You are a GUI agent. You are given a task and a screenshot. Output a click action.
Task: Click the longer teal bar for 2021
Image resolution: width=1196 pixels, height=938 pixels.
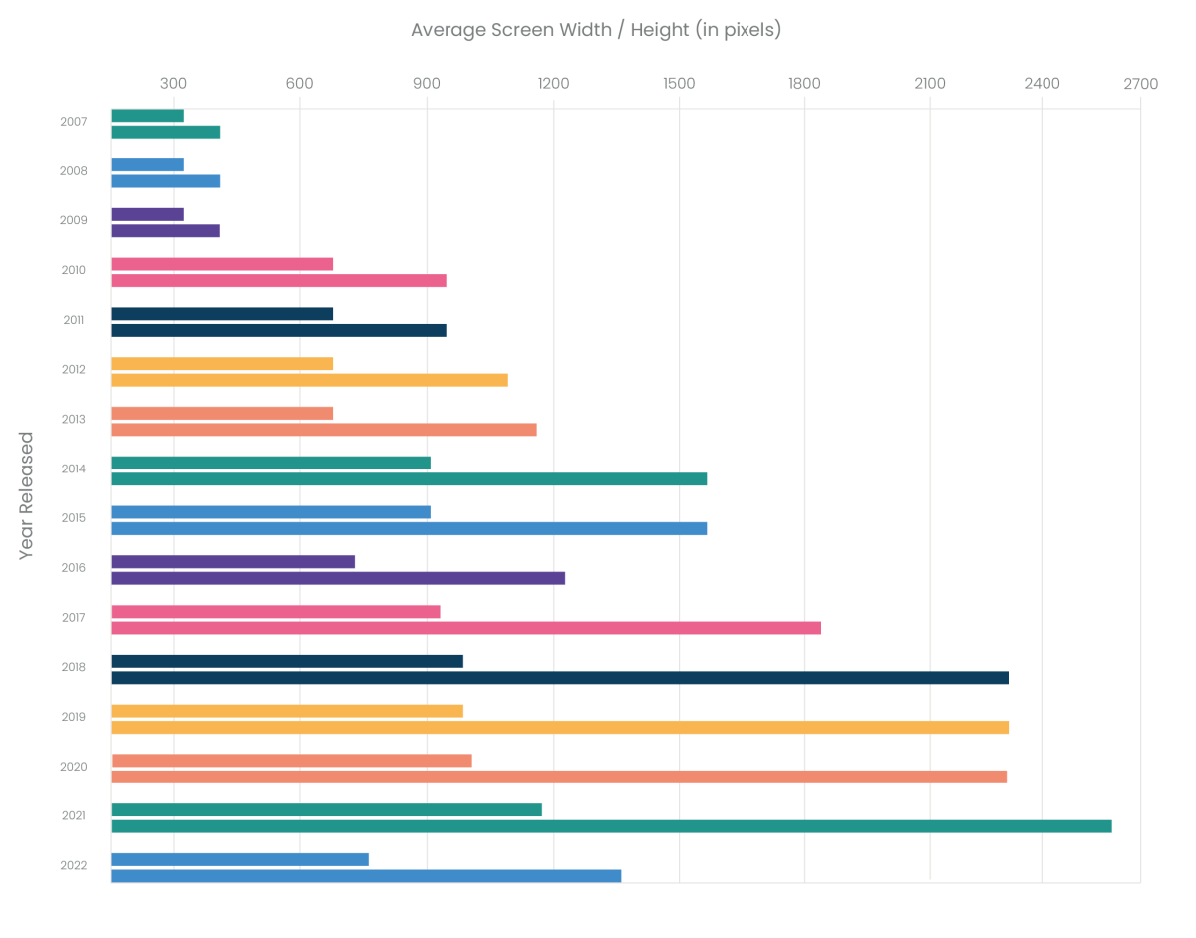(x=611, y=826)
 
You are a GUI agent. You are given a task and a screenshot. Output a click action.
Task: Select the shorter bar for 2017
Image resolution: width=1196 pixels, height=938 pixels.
(x=275, y=612)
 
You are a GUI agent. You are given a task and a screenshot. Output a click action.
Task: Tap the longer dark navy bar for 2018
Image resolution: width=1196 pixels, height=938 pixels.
(x=559, y=678)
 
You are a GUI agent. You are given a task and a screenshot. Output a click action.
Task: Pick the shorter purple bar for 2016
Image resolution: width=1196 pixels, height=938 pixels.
(x=232, y=562)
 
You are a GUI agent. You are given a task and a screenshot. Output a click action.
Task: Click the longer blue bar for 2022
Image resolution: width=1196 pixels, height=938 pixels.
(x=366, y=876)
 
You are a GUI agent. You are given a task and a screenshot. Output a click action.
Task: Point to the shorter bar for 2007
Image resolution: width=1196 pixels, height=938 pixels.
(x=148, y=116)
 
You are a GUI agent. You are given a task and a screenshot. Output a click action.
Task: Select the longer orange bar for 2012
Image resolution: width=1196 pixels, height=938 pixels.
(x=309, y=380)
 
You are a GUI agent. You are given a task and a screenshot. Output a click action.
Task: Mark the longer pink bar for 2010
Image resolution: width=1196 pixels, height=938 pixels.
(x=278, y=280)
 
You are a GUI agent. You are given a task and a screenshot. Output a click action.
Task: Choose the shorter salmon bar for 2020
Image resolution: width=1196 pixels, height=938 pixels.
(x=291, y=761)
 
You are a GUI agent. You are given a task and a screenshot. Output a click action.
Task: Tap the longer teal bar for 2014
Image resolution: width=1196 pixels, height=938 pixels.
(x=409, y=478)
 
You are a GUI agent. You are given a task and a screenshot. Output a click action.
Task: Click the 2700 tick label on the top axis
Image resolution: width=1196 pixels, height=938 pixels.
(x=1140, y=84)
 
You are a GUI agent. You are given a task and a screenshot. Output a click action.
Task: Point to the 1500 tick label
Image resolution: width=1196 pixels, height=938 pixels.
(x=679, y=84)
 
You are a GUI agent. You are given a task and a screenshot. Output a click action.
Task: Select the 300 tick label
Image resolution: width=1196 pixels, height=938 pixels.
(x=174, y=84)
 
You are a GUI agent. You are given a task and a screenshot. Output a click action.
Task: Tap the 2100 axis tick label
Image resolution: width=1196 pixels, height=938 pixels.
(x=930, y=84)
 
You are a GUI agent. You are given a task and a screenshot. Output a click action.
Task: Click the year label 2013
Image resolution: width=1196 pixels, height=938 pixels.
(x=74, y=420)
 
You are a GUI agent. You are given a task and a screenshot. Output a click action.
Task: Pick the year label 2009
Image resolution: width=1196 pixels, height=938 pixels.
(x=74, y=221)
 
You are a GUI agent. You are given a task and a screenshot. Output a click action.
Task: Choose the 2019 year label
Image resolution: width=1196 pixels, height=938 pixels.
(x=74, y=717)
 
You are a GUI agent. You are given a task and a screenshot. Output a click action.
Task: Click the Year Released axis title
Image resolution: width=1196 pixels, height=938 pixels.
(x=27, y=495)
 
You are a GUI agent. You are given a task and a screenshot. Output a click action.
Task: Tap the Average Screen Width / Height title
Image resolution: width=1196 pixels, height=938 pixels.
(x=596, y=30)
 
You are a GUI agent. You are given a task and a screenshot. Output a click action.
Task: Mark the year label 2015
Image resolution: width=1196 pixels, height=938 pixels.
(x=74, y=518)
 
